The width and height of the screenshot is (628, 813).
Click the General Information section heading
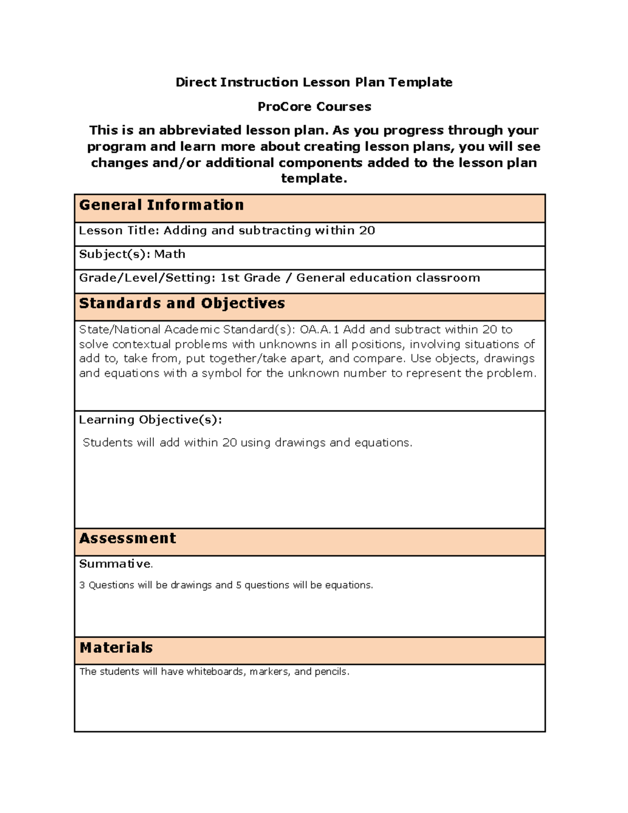coord(161,205)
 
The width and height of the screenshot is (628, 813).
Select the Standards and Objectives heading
coord(182,304)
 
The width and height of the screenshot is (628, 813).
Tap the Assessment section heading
coord(127,539)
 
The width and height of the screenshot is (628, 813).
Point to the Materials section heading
coord(116,648)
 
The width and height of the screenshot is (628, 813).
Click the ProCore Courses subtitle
coord(314,107)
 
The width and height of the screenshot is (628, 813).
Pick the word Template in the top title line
coord(420,82)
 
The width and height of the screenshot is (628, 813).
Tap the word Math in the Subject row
coord(170,254)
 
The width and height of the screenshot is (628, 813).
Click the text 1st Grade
coord(250,278)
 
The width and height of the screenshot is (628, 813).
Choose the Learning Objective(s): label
coord(150,420)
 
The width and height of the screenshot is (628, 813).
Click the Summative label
coord(115,564)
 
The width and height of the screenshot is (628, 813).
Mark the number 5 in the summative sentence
coord(239,585)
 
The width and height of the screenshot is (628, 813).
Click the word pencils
coord(330,672)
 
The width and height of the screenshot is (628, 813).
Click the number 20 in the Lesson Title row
coord(367,231)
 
